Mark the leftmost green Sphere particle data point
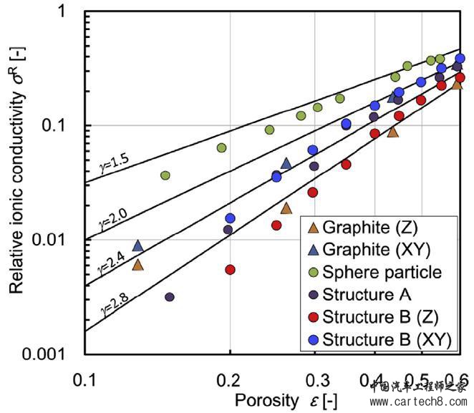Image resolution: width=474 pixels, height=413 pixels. [165, 175]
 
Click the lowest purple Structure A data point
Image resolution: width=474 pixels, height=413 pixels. [170, 296]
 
